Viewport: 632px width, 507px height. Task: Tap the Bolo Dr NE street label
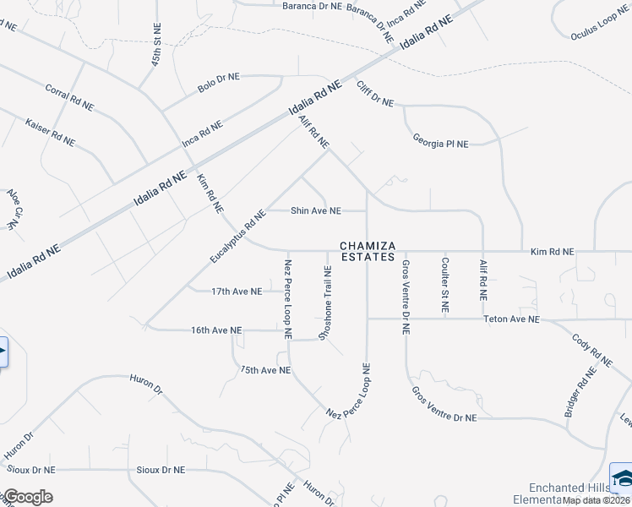point(219,82)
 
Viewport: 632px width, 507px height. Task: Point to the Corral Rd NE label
point(69,98)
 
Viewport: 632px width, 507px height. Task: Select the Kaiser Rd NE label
point(50,129)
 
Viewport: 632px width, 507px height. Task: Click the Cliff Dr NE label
point(375,94)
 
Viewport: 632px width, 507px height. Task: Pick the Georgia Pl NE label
point(440,141)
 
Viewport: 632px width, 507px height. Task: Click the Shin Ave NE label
point(316,210)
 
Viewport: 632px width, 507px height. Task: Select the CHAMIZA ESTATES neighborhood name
point(368,251)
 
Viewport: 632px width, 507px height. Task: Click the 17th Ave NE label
point(237,292)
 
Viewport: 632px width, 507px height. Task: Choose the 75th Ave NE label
point(264,370)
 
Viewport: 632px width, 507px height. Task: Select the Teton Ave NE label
point(511,319)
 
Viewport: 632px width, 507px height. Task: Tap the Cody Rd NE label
point(591,350)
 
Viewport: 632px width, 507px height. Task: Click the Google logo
point(27,497)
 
